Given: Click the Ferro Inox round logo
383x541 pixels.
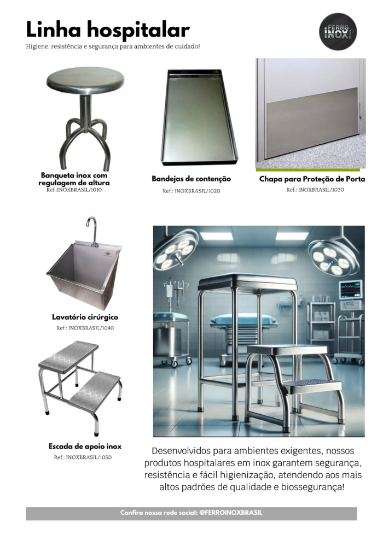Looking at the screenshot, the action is pyautogui.click(x=338, y=32).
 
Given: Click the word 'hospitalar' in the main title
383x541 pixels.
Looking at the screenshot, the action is pyautogui.click(x=138, y=30).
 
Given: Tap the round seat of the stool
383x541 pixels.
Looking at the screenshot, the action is pyautogui.click(x=85, y=81).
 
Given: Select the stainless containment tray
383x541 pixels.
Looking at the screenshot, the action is pyautogui.click(x=199, y=117).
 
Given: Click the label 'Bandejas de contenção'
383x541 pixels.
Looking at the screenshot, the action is pyautogui.click(x=191, y=179).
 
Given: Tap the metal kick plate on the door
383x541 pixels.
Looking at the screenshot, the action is pyautogui.click(x=311, y=122).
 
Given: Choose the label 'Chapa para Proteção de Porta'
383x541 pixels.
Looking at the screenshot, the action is pyautogui.click(x=312, y=179).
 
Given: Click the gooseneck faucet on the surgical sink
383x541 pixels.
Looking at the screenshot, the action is pyautogui.click(x=92, y=231).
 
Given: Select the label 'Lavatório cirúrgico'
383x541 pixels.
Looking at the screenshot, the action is pyautogui.click(x=85, y=317).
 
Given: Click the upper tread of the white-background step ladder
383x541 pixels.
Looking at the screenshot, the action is pyautogui.click(x=68, y=356).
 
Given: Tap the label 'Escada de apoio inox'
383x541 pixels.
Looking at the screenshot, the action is pyautogui.click(x=85, y=446).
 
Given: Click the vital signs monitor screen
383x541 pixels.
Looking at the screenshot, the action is pyautogui.click(x=350, y=289).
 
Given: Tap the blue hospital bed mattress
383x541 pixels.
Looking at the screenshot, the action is pyautogui.click(x=243, y=319).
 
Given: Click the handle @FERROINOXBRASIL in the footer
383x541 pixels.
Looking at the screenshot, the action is pyautogui.click(x=231, y=513).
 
